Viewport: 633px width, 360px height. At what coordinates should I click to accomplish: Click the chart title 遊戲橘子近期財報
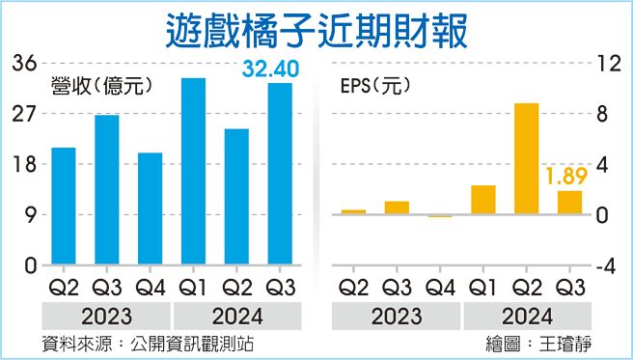[x=316, y=29]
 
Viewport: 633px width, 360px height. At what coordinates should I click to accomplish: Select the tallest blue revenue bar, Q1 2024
[x=193, y=171]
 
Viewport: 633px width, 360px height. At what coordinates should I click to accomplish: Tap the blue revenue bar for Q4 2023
[x=150, y=208]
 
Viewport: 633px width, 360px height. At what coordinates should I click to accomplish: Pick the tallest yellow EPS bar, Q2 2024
[x=526, y=158]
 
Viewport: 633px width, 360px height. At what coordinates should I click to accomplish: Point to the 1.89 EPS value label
[x=567, y=177]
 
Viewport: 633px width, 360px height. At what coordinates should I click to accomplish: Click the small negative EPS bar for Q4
[x=440, y=216]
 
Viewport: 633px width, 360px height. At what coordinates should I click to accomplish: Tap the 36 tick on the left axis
[x=24, y=64]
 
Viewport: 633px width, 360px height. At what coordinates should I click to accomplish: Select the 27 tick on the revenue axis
[x=24, y=114]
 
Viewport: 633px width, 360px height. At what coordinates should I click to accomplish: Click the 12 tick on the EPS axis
[x=608, y=64]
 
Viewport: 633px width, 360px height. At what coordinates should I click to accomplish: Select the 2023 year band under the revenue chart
[x=106, y=316]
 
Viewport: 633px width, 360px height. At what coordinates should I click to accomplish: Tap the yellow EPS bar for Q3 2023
[x=397, y=208]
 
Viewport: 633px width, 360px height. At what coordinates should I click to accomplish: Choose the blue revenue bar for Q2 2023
[x=64, y=206]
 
